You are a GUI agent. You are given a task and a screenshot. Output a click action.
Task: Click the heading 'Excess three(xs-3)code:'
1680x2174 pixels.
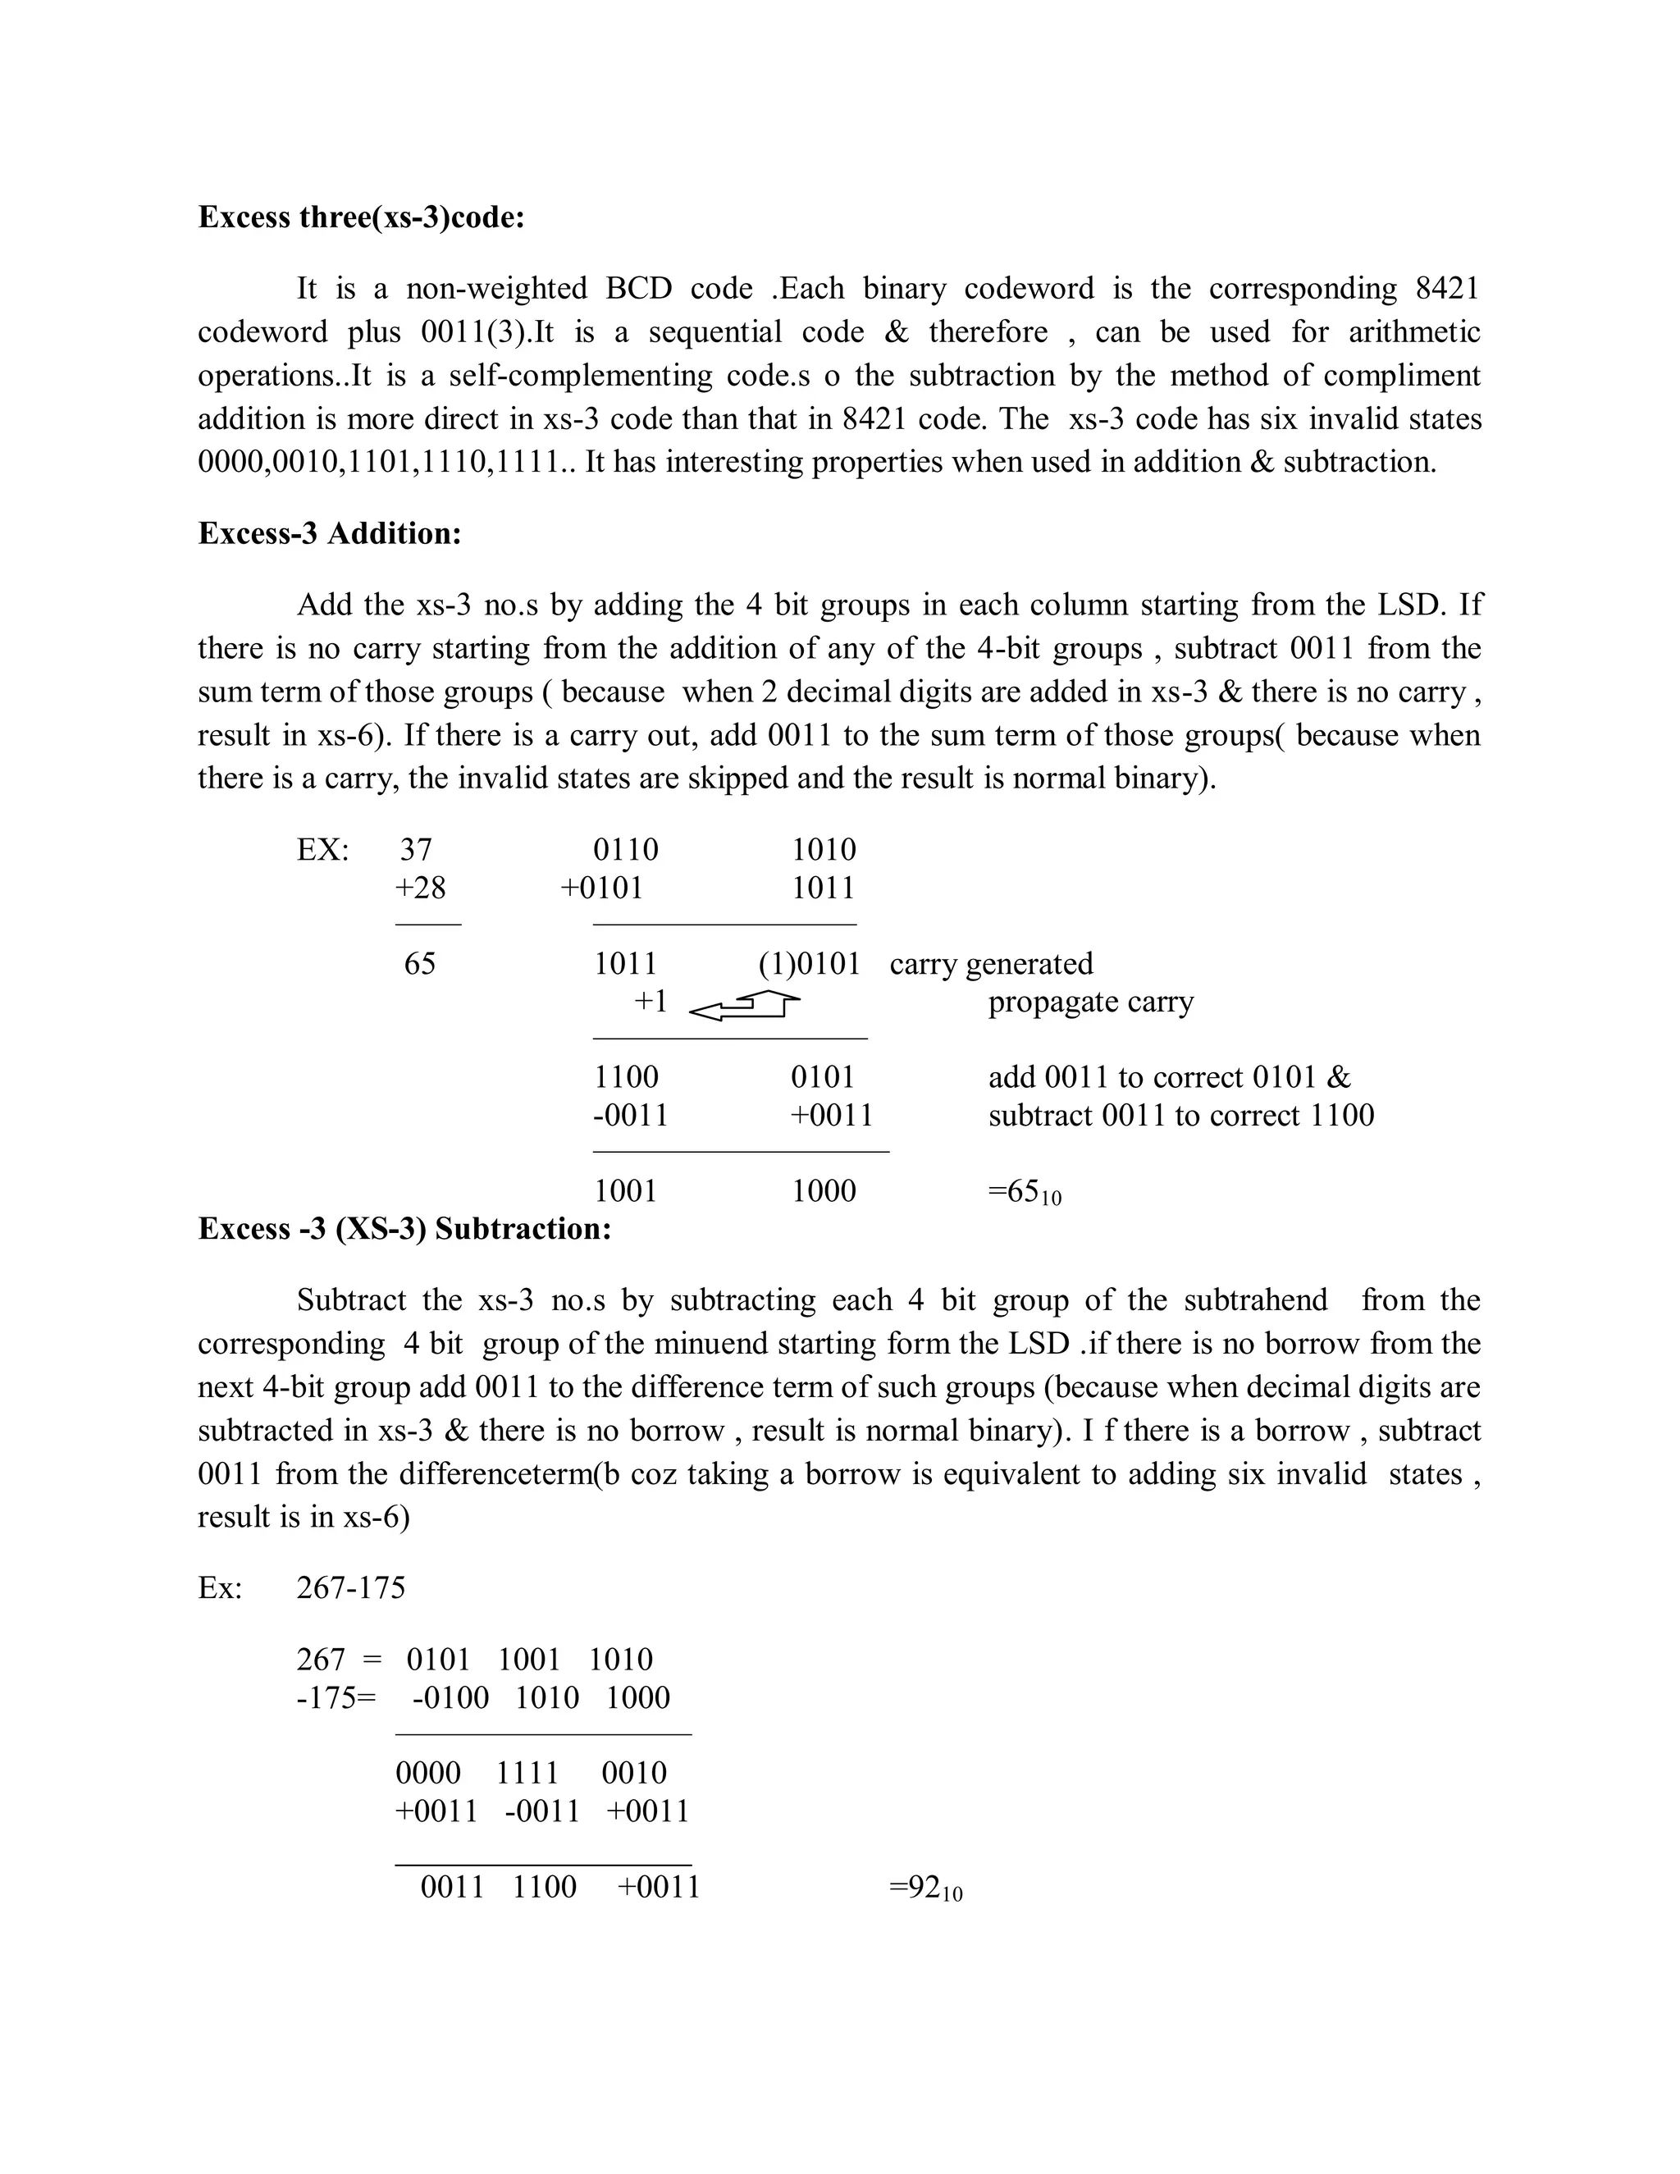pyautogui.click(x=360, y=217)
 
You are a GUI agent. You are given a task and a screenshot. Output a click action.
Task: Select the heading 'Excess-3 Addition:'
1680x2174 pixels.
pyautogui.click(x=330, y=533)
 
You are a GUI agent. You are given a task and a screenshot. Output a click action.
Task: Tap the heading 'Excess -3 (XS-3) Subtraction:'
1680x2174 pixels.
pyautogui.click(x=404, y=1228)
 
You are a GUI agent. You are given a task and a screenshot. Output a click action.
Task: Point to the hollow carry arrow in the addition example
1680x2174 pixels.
pyautogui.click(x=745, y=1007)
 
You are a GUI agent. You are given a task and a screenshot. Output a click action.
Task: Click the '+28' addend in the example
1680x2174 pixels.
pyautogui.click(x=421, y=888)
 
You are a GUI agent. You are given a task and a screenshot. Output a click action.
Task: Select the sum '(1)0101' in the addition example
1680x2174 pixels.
pyautogui.click(x=808, y=964)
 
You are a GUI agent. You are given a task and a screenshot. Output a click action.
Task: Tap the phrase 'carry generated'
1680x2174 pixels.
pyautogui.click(x=990, y=964)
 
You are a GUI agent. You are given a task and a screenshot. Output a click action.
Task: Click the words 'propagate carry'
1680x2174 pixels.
pyautogui.click(x=1090, y=1002)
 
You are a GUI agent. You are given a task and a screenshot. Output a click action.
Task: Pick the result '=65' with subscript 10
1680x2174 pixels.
pyautogui.click(x=1023, y=1191)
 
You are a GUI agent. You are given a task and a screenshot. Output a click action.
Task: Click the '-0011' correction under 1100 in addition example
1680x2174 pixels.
pyautogui.click(x=630, y=1115)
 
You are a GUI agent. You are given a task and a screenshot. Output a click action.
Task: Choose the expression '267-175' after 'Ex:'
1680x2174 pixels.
pyautogui.click(x=350, y=1587)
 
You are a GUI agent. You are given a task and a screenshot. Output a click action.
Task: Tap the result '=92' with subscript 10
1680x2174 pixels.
pyautogui.click(x=924, y=1888)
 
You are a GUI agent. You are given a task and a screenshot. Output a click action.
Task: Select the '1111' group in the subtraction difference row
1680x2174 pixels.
pyautogui.click(x=527, y=1773)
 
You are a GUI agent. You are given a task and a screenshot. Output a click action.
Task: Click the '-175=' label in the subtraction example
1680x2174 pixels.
pyautogui.click(x=336, y=1697)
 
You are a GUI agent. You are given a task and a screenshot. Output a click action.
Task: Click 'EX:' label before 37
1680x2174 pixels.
pyautogui.click(x=322, y=850)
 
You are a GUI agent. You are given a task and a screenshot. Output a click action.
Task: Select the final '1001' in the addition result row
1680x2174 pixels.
pyautogui.click(x=625, y=1191)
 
